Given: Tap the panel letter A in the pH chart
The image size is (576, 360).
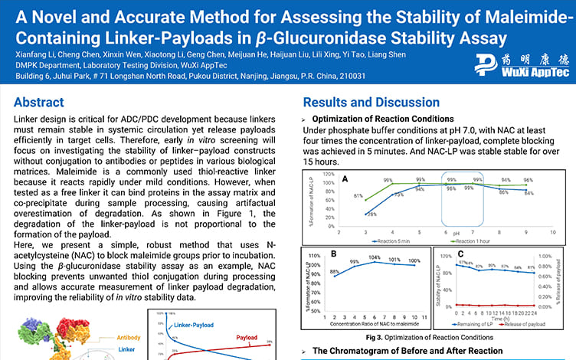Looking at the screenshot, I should tap(347, 179).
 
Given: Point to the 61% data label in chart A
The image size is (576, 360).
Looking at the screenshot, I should tap(358, 196).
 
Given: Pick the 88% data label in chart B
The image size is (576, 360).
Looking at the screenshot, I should tap(335, 271).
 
